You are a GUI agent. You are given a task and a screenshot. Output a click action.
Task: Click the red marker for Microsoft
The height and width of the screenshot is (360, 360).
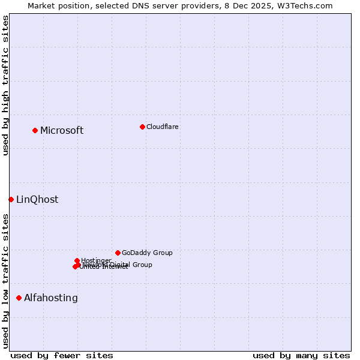coord(35,130)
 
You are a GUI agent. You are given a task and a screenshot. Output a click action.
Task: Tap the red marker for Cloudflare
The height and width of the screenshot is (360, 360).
coord(142,127)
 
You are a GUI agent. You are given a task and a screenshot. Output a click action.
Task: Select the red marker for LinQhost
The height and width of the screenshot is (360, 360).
coord(11,199)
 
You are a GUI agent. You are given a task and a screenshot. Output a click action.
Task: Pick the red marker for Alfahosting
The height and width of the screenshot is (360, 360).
coord(19,298)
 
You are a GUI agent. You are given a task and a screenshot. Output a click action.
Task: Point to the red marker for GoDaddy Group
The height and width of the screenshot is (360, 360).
coord(118,253)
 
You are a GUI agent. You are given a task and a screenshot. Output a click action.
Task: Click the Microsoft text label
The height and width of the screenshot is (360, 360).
coord(62,131)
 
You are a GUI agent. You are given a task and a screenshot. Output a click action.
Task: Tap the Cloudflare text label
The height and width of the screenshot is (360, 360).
coord(163,127)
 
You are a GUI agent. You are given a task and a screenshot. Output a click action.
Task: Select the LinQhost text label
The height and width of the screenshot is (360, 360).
coord(37,200)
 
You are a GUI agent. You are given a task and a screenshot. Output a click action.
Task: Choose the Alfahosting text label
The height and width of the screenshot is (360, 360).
coord(51,298)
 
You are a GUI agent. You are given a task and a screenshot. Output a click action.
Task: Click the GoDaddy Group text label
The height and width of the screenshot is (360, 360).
coord(147,253)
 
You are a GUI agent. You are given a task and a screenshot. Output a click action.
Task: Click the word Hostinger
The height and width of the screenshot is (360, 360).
coord(97,260)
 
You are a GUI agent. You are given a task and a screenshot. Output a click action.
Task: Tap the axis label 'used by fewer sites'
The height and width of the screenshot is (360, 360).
coord(62,355)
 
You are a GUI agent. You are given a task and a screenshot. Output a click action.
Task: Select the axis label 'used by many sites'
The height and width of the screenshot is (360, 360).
coord(301,355)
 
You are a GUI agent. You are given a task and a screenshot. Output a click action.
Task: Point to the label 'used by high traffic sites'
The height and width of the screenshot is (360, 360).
coord(5,85)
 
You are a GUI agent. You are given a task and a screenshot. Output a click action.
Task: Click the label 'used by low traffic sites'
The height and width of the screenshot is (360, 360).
coord(5,281)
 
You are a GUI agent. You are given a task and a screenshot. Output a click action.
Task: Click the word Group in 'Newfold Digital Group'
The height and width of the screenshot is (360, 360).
coord(142,265)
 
